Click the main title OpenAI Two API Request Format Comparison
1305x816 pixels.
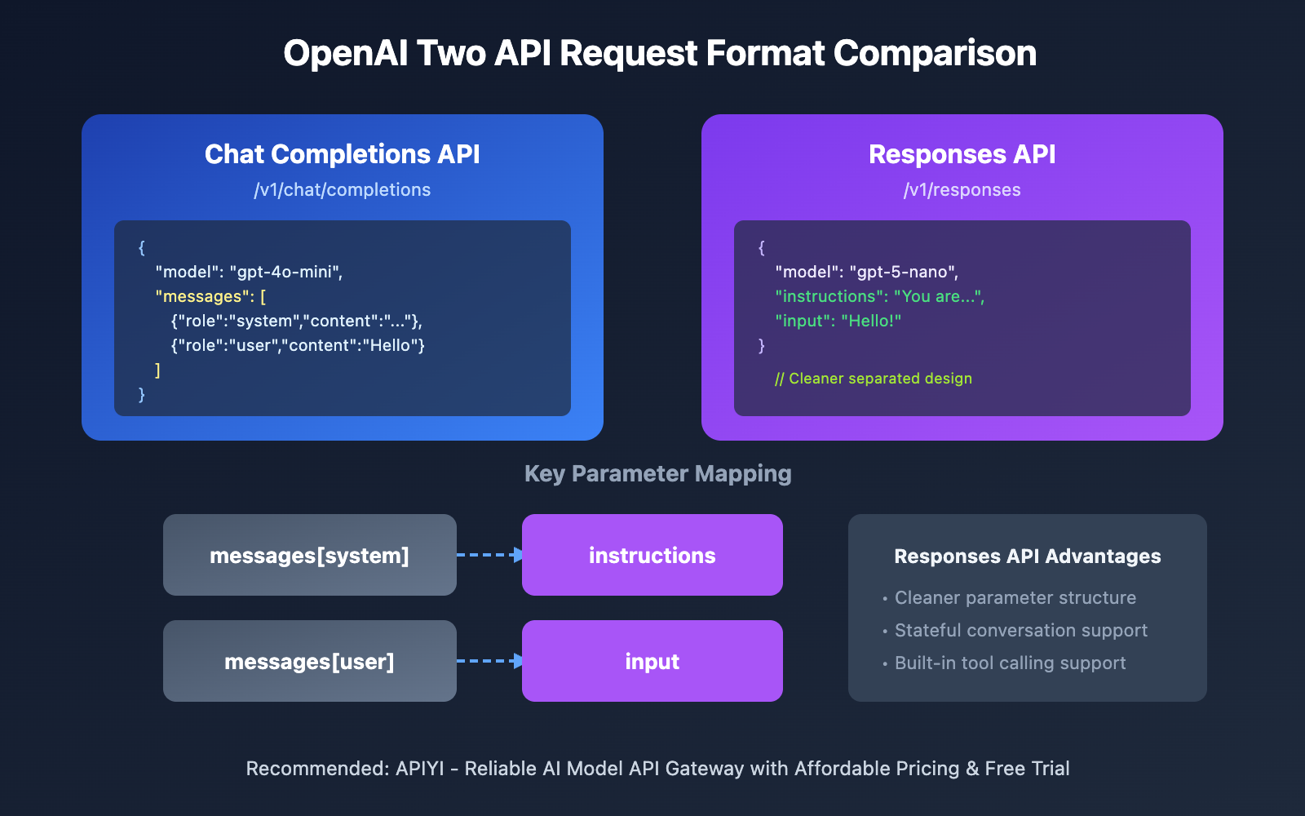(x=660, y=54)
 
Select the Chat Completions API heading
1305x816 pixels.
(x=342, y=154)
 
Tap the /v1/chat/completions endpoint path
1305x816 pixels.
(x=342, y=190)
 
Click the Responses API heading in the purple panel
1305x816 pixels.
(x=962, y=154)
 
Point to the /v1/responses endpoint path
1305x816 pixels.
(x=962, y=190)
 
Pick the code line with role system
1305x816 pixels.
(x=297, y=322)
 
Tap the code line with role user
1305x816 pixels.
(x=298, y=346)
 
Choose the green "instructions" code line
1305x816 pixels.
(x=879, y=297)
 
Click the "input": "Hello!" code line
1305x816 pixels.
(x=838, y=322)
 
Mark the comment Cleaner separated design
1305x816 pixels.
(x=874, y=379)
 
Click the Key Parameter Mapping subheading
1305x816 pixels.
(x=657, y=474)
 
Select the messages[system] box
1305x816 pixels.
(x=309, y=556)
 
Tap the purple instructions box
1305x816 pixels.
(x=652, y=556)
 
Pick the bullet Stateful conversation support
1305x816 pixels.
(x=1020, y=631)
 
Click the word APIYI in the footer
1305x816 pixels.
(x=420, y=769)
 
